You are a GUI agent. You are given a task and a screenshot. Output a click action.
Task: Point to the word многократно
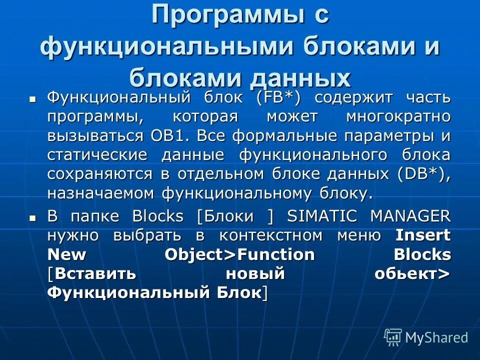pyautogui.click(x=398, y=116)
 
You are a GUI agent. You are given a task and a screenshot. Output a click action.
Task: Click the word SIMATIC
pyautogui.click(x=322, y=216)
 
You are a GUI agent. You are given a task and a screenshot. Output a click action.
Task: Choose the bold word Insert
pyautogui.click(x=423, y=235)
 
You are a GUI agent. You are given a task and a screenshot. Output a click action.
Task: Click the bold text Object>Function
pyautogui.click(x=239, y=254)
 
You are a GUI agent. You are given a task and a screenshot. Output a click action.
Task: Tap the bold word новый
pyautogui.click(x=255, y=273)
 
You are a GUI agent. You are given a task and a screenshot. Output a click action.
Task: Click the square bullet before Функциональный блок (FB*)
pyautogui.click(x=33, y=98)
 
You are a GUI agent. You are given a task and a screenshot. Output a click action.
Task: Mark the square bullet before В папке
pyautogui.click(x=33, y=217)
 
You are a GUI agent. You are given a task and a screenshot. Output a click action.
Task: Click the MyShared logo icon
pyautogui.click(x=393, y=337)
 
